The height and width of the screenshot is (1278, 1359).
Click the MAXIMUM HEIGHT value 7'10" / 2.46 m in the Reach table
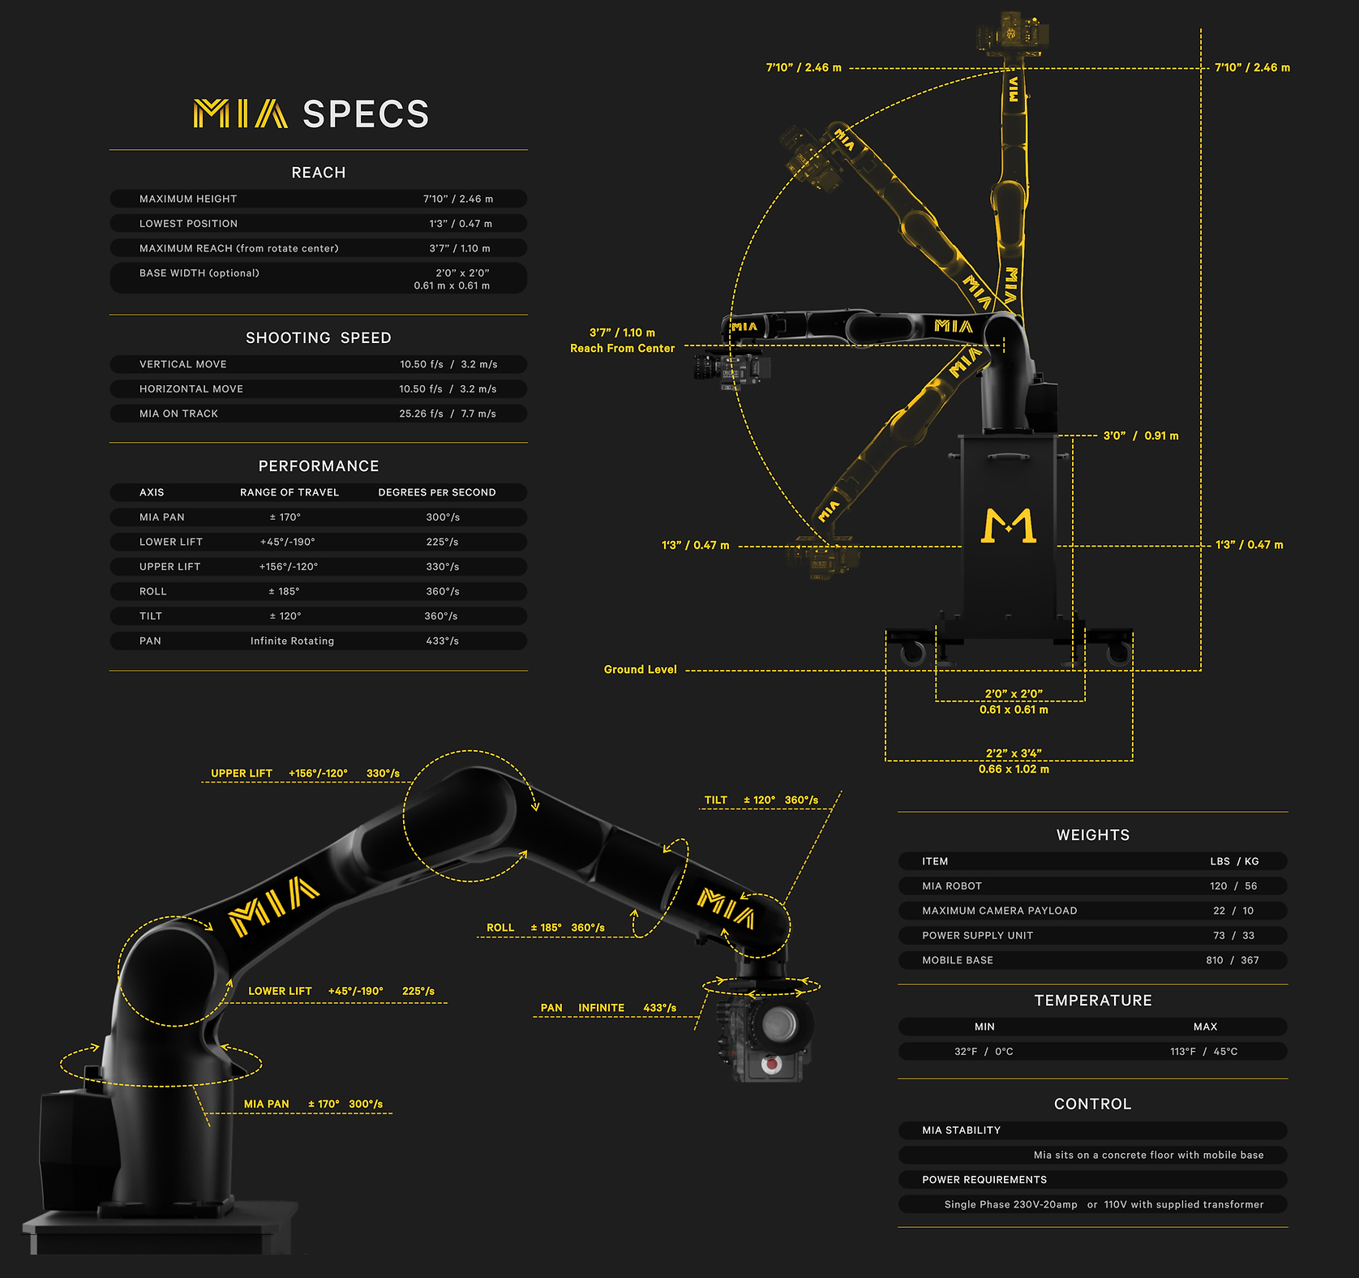click(458, 199)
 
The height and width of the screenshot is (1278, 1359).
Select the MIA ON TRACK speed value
click(448, 414)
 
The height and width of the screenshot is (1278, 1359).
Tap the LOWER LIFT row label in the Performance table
click(171, 542)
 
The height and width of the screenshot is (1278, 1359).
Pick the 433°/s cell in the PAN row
click(443, 641)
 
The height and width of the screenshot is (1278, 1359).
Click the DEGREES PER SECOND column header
click(437, 492)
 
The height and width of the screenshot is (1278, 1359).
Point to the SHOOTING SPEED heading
click(319, 337)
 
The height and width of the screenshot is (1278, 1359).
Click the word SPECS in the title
click(366, 114)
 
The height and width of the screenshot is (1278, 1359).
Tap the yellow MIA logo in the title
click(240, 114)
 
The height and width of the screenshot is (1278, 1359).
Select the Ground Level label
click(640, 669)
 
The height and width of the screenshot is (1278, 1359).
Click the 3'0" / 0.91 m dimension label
click(1141, 435)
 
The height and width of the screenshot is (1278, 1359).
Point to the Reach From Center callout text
click(623, 348)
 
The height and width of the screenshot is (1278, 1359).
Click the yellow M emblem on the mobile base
click(1009, 525)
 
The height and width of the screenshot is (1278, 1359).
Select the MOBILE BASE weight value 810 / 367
click(1233, 960)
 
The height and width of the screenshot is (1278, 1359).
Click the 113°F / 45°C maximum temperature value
click(1204, 1052)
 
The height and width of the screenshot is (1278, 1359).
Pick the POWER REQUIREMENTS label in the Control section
click(984, 1180)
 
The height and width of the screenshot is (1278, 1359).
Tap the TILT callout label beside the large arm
click(716, 800)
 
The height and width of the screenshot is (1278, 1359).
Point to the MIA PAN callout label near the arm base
click(267, 1104)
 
